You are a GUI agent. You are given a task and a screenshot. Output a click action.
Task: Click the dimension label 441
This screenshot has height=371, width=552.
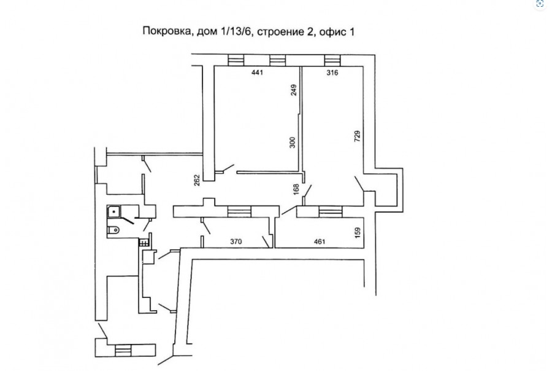[257, 72]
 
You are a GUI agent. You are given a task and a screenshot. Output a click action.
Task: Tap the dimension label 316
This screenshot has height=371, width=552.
[332, 72]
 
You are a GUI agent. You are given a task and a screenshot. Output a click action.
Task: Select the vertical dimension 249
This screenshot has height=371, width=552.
[294, 90]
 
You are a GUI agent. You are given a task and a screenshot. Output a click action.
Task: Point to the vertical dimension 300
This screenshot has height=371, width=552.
[292, 143]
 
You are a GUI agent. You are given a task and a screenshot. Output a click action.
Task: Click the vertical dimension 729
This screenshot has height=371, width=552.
[358, 136]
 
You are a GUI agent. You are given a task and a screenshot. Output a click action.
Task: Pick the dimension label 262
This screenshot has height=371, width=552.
[197, 180]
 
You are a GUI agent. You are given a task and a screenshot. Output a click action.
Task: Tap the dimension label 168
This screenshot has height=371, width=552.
[296, 189]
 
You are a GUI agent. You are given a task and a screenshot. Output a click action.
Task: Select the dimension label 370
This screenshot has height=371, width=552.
[236, 241]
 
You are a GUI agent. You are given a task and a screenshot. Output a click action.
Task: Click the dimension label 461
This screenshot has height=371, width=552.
[320, 241]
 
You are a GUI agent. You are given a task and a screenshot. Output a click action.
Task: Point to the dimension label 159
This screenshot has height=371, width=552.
[358, 232]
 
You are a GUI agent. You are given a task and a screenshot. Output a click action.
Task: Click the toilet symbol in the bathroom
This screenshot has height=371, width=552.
[113, 230]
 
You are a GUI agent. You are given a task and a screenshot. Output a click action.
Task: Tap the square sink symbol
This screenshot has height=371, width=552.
[114, 211]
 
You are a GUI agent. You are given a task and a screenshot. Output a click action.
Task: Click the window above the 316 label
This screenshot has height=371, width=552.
[332, 60]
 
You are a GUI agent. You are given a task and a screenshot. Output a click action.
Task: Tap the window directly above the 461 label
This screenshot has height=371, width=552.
[331, 212]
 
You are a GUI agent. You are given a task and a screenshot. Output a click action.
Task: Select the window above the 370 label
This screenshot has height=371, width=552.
[239, 212]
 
